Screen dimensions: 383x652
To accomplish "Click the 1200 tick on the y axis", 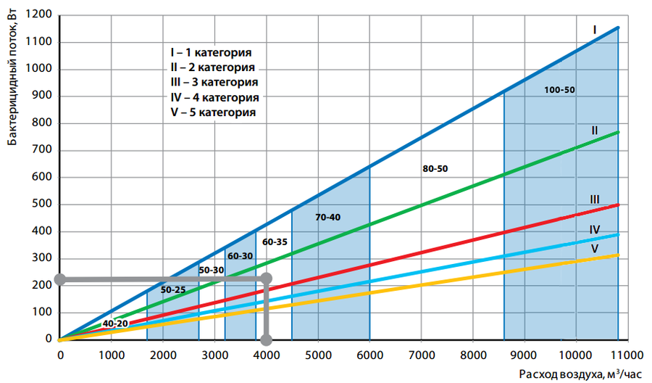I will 41,15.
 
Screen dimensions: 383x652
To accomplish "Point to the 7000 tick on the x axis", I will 421,355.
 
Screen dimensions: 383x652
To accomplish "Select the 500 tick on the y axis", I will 43,205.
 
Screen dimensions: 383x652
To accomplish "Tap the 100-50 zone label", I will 559,90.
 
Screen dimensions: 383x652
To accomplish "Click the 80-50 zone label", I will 435,169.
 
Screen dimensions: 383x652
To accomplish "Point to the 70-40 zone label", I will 328,217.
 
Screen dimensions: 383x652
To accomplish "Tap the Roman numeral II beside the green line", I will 594,131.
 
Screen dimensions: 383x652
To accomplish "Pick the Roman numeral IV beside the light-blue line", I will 594,230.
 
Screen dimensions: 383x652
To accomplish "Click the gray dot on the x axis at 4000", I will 266,339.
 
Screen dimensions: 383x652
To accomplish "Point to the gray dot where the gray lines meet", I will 266,279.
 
